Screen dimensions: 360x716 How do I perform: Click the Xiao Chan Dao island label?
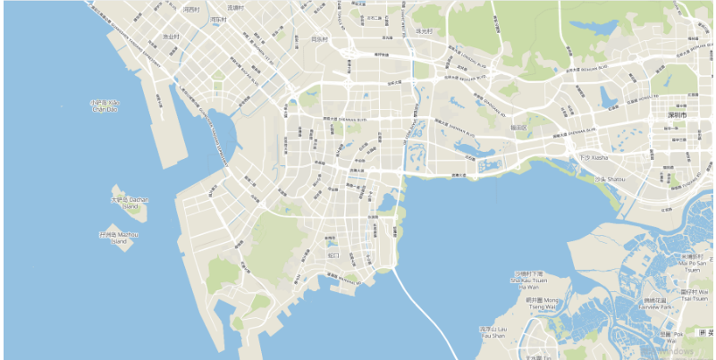point(105,105)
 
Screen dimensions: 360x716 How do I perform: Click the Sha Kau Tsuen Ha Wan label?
point(528,280)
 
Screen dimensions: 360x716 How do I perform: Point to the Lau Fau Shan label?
point(493,332)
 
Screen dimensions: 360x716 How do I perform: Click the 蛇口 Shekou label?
point(333,255)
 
